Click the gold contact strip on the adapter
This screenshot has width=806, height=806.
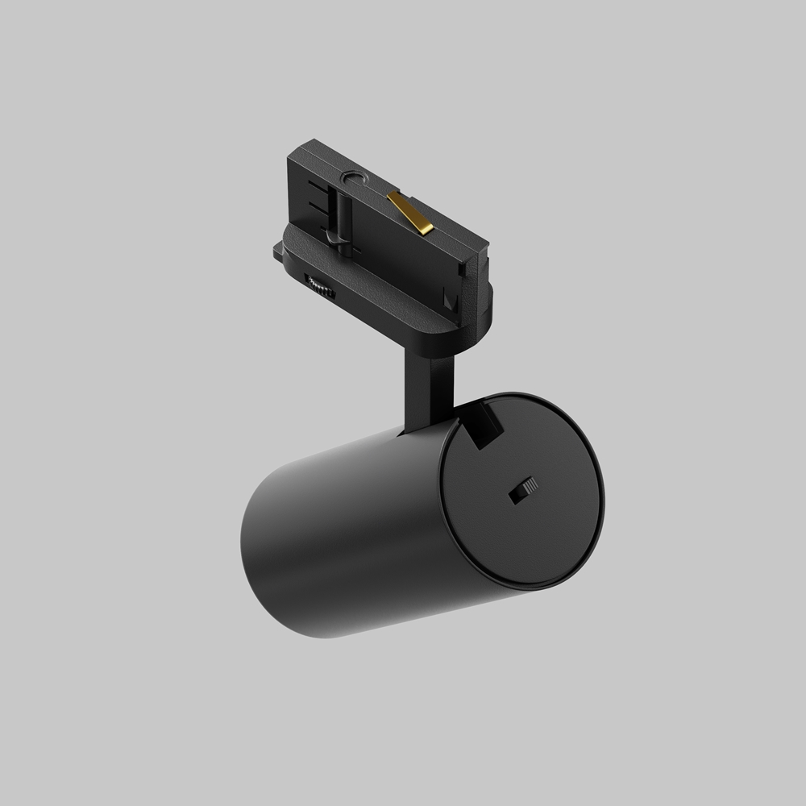410,211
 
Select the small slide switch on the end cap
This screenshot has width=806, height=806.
524,490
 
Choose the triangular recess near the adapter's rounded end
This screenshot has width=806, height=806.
451,302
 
